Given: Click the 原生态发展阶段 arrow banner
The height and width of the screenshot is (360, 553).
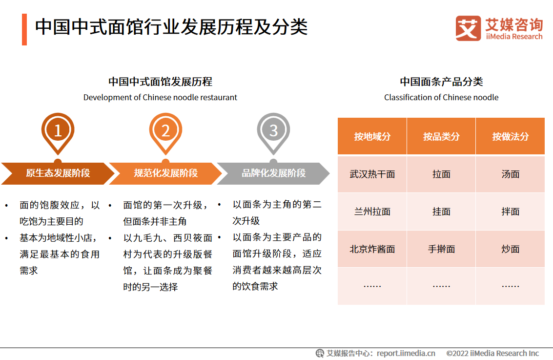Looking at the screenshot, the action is [58, 173].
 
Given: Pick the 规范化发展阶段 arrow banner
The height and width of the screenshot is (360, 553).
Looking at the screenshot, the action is [166, 173].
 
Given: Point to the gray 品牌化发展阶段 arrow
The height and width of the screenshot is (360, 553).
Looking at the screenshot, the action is [273, 173].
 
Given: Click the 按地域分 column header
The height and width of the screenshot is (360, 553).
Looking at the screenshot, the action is [372, 136].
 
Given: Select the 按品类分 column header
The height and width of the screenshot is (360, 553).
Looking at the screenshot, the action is [441, 136].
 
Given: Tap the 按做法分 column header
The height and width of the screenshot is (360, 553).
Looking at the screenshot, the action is [511, 136].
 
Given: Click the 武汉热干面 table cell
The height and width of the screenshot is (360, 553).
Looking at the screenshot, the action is [372, 174].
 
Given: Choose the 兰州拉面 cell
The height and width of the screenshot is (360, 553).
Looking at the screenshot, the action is [372, 212].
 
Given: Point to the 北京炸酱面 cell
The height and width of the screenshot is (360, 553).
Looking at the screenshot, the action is [372, 249].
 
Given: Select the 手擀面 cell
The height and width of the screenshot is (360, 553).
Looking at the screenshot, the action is [441, 249].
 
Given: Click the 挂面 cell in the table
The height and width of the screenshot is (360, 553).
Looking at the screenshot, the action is [441, 212].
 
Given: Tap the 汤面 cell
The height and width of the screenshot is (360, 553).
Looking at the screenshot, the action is [511, 174].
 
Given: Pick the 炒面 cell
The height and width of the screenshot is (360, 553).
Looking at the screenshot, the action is [511, 249].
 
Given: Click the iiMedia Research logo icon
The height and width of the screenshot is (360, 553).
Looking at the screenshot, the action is [468, 28].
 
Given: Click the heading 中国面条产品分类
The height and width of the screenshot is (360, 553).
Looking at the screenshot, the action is [441, 82].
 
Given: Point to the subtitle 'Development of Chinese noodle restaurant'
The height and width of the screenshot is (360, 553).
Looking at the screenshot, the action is [160, 97].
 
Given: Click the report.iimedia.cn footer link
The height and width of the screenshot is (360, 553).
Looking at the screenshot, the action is [406, 353].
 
